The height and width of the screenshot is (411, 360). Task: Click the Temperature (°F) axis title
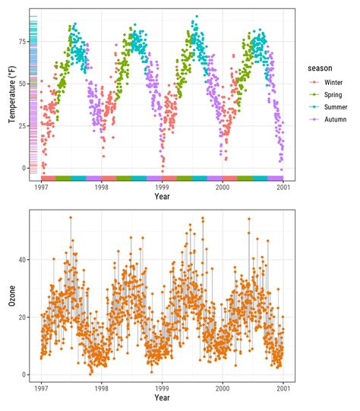[x=11, y=95]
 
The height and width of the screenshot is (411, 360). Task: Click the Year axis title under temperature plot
[x=162, y=196]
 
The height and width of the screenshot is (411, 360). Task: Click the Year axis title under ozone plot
[x=162, y=397]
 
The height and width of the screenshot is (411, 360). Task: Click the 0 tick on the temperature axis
[x=25, y=168]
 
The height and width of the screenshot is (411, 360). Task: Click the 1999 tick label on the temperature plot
[x=162, y=186]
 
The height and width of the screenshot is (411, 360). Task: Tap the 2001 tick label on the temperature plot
[x=283, y=186]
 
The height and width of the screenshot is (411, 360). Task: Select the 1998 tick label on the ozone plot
[x=101, y=387]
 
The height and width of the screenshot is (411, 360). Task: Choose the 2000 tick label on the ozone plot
[x=223, y=387]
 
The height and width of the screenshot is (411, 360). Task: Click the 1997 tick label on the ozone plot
[x=41, y=387]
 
